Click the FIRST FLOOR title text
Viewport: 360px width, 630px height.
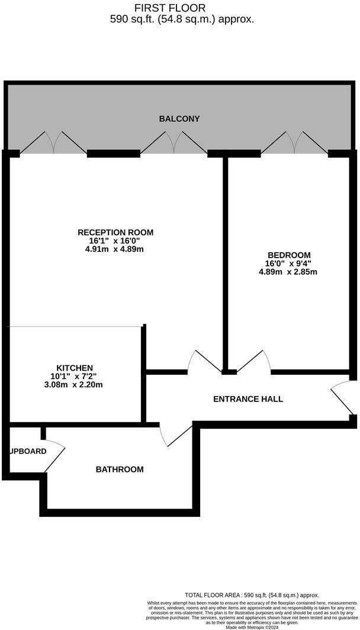(170, 8)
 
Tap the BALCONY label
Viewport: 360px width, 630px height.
(179, 119)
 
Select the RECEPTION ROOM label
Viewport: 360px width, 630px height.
(115, 232)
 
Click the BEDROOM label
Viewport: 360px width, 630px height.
(288, 255)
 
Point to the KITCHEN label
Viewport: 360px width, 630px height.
(75, 368)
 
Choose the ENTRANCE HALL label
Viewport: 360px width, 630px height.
(247, 399)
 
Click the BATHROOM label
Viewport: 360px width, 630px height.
(120, 470)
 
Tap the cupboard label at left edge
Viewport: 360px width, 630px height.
(27, 451)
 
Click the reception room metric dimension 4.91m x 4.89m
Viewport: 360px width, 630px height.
(115, 249)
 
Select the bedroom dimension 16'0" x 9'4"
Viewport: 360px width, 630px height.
(288, 263)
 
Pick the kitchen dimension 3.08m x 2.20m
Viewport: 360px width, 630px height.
(75, 385)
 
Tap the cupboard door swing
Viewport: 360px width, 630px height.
(56, 457)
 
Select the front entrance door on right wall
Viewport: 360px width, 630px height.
(342, 398)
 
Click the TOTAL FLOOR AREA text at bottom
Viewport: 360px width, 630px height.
(252, 595)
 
